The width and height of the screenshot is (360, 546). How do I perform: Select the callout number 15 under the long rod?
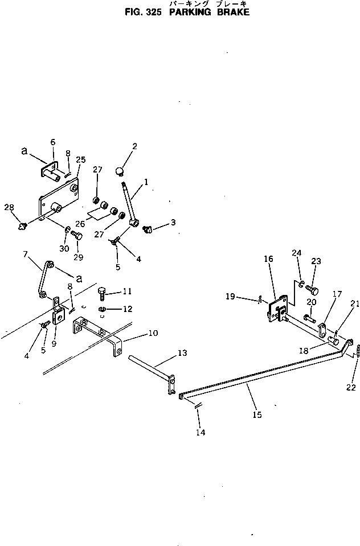(257, 415)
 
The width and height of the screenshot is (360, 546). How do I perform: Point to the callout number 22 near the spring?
(351, 388)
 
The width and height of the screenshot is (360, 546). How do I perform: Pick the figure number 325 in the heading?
(154, 11)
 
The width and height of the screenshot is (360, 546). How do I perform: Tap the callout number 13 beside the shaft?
(182, 353)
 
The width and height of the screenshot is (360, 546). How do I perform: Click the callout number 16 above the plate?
(269, 259)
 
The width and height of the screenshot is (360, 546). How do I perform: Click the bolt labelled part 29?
(78, 236)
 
